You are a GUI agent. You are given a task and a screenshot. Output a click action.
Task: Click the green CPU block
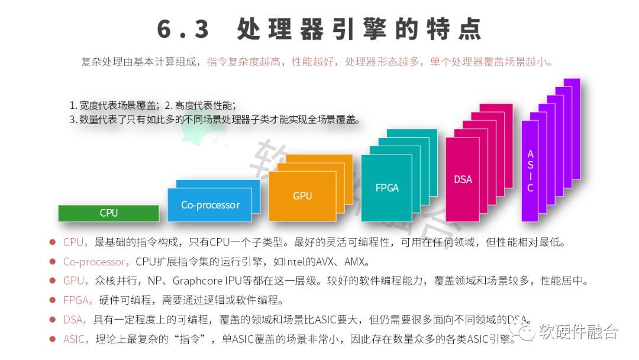[109, 213]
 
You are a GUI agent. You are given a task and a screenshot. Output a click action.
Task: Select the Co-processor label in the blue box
[211, 205]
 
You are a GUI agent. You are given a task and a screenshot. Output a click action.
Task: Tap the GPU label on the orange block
[302, 196]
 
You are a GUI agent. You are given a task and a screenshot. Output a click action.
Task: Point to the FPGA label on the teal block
[387, 188]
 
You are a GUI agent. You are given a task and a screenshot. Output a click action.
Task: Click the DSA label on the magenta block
[463, 179]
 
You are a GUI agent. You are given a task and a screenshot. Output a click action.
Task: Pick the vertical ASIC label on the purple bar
[530, 171]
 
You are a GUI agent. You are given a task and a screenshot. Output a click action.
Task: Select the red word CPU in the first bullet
[74, 242]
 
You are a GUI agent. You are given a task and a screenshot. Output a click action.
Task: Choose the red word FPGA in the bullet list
[76, 300]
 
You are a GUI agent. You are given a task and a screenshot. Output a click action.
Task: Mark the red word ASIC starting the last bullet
[75, 339]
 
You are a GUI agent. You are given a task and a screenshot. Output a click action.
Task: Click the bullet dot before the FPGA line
[53, 300]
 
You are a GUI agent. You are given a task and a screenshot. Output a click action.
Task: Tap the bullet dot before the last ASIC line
[53, 339]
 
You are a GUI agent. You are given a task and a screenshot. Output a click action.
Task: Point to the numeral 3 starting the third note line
[72, 119]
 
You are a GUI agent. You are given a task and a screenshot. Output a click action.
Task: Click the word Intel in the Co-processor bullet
[294, 262]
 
